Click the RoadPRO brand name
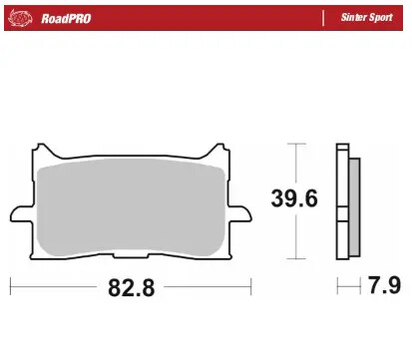(x=66, y=18)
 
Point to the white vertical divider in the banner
(x=323, y=18)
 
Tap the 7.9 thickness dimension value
(x=385, y=289)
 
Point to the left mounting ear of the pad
(x=19, y=212)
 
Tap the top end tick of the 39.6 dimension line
(x=296, y=144)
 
